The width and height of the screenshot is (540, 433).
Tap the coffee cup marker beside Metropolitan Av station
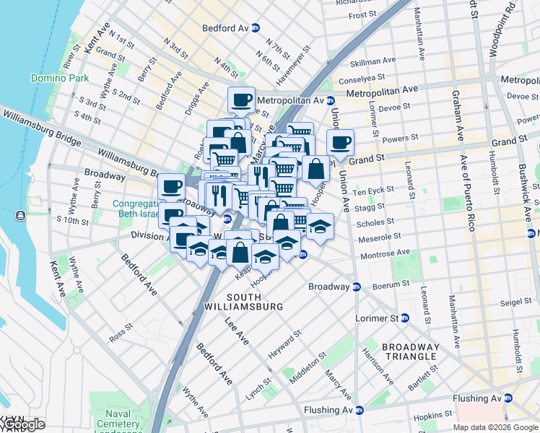point(242,100)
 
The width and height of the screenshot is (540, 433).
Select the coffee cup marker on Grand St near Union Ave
point(340,143)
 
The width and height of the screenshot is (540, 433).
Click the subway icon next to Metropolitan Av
point(330,100)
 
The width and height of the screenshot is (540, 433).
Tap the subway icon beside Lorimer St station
point(405,318)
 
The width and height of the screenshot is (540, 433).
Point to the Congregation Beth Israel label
point(144,209)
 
